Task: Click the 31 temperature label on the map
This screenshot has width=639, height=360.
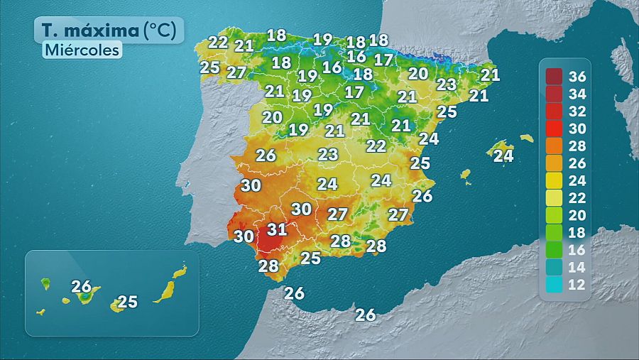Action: (277, 229)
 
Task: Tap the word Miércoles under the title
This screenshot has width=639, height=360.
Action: (82, 50)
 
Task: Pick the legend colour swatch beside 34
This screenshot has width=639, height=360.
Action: (555, 94)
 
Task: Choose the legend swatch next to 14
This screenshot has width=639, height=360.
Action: (555, 268)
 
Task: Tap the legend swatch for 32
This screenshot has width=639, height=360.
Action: (555, 111)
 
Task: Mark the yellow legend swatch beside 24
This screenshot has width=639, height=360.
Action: (555, 181)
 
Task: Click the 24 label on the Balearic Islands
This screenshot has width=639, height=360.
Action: (503, 156)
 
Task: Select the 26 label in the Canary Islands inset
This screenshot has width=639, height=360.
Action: (82, 287)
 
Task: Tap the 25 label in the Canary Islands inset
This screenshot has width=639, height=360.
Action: (127, 302)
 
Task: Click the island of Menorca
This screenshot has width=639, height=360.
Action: (526, 138)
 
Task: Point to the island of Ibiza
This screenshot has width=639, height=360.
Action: (466, 173)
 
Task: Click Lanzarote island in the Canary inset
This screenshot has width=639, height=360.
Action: (180, 271)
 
